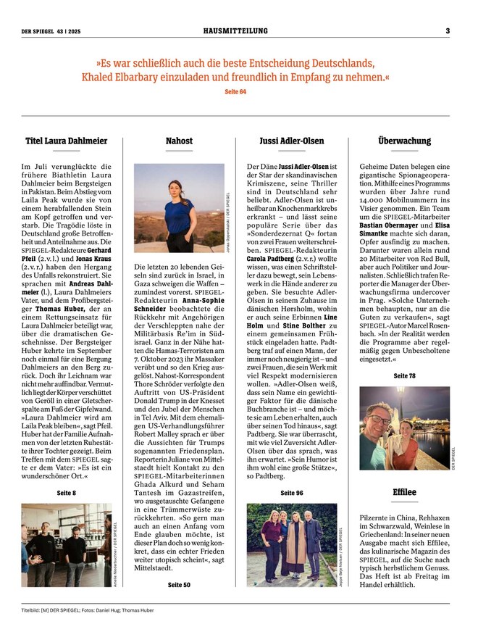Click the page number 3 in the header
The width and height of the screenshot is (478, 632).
pyautogui.click(x=448, y=30)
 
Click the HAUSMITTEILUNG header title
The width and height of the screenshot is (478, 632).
pyautogui.click(x=235, y=30)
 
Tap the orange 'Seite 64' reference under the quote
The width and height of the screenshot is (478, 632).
pyautogui.click(x=235, y=92)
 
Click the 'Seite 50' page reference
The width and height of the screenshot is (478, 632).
pyautogui.click(x=179, y=583)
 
